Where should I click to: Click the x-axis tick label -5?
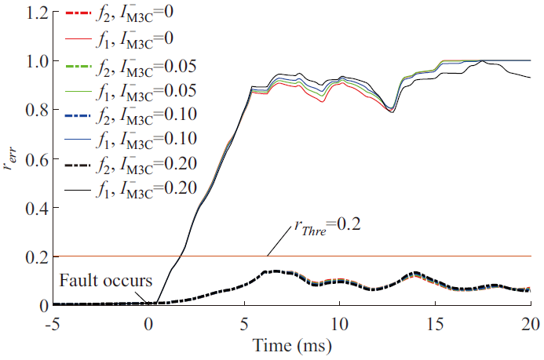point(53,322)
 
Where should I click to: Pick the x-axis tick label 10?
point(339,322)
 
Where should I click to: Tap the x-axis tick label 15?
point(435,322)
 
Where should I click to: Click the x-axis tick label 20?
point(531,322)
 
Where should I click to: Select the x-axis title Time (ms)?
point(293,345)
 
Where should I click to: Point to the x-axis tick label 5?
point(245,322)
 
